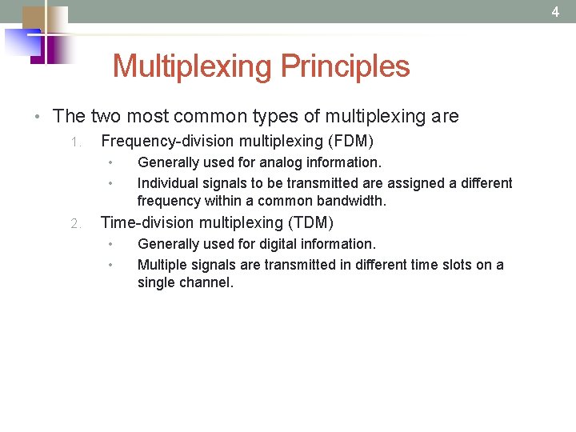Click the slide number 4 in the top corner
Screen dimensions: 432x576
(555, 12)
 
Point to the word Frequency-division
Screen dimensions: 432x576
(160, 142)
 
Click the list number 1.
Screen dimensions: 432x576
(74, 142)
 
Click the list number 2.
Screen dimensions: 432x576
(74, 224)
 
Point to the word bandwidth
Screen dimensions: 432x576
(351, 201)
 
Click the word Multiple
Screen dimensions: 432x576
(162, 265)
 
